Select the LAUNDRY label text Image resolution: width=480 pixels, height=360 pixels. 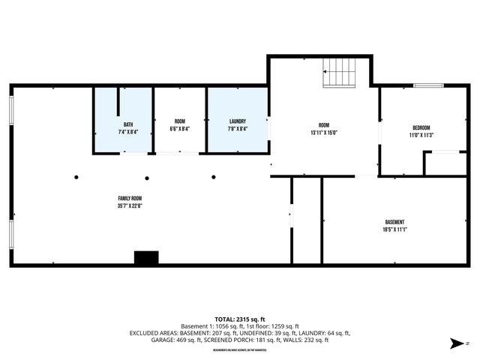coord(238,121)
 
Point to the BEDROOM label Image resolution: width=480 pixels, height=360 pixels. coord(421,128)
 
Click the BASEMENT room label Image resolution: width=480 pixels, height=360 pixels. coord(394,222)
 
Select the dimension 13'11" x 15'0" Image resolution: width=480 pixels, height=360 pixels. coord(323,133)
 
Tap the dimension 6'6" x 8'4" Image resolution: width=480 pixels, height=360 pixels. coord(179,128)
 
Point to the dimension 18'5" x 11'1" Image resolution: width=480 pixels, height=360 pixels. coord(394,229)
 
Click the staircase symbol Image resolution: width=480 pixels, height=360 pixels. coord(340,73)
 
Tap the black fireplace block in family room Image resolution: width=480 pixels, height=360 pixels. coord(146,257)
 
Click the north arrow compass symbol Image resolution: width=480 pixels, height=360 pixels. coord(454,344)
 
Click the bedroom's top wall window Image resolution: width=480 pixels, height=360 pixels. coord(428,85)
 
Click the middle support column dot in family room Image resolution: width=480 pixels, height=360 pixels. coord(148,178)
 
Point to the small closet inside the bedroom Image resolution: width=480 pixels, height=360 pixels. coord(445,163)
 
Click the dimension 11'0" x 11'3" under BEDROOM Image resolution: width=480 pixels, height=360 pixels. coord(421,136)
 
